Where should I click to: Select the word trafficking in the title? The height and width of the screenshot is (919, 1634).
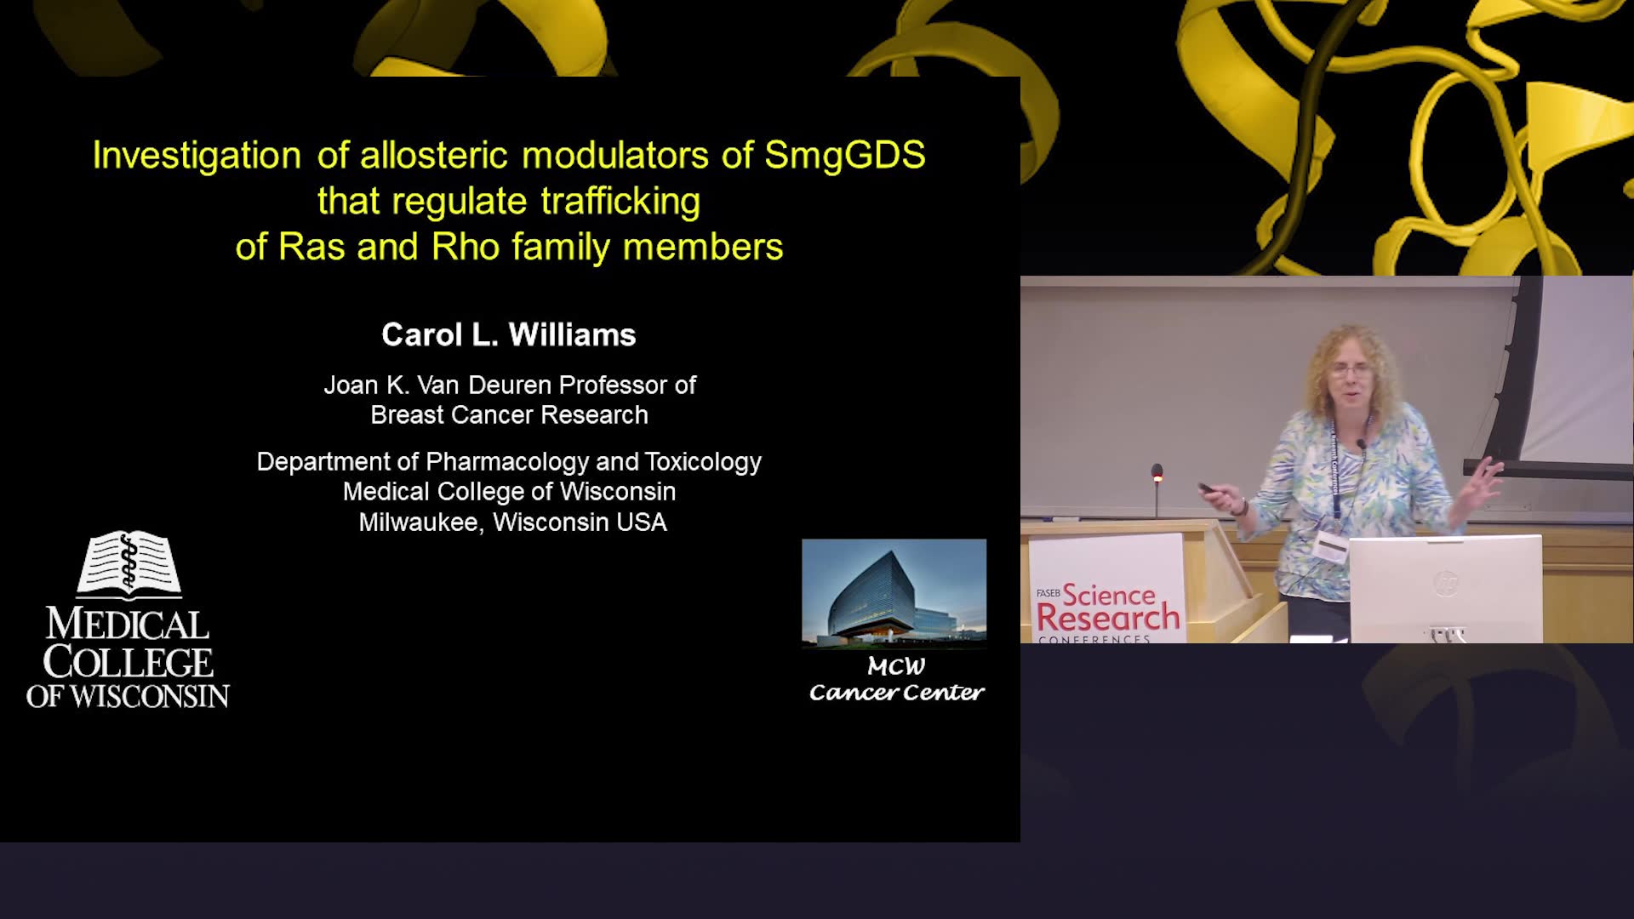coord(620,202)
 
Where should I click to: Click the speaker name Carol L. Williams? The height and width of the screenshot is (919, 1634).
coord(509,334)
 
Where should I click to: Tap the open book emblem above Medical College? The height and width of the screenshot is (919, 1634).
coord(129,563)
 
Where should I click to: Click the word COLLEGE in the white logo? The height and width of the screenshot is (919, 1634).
coord(129,662)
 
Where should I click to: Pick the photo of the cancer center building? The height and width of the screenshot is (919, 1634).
coord(894,593)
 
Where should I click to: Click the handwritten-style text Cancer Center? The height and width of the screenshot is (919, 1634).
coord(896,693)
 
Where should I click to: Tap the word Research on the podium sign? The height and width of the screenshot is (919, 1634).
coord(1108,618)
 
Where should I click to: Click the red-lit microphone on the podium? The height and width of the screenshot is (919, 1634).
coord(1157,473)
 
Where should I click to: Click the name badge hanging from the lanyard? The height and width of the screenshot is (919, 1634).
coord(1329,546)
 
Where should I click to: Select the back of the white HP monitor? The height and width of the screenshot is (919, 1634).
coord(1445,588)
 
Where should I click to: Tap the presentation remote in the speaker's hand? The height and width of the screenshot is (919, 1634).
coord(1207,488)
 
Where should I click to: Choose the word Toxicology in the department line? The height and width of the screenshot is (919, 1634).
coord(703,462)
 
